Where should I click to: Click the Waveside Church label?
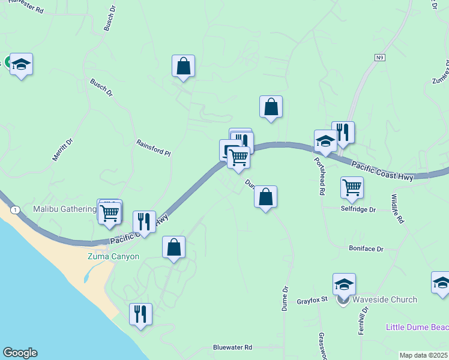coord(384,299)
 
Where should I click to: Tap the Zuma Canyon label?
coord(113,257)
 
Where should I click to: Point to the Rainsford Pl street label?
coord(154,148)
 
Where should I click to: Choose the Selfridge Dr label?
coord(358,210)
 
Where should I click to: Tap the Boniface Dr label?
coord(366,248)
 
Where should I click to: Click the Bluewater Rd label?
coord(233,347)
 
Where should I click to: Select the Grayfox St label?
coord(312,300)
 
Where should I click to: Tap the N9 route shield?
coord(379,58)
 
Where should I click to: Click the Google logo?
coord(20,353)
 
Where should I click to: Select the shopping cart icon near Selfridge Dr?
coord(352,187)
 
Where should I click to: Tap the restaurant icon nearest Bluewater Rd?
coord(140,314)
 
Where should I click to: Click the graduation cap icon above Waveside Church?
coord(345,284)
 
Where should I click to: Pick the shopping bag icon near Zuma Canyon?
coord(173,247)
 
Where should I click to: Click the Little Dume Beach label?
coord(417,328)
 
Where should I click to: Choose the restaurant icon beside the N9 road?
coord(343,132)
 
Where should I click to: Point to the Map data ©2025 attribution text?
coord(423,355)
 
